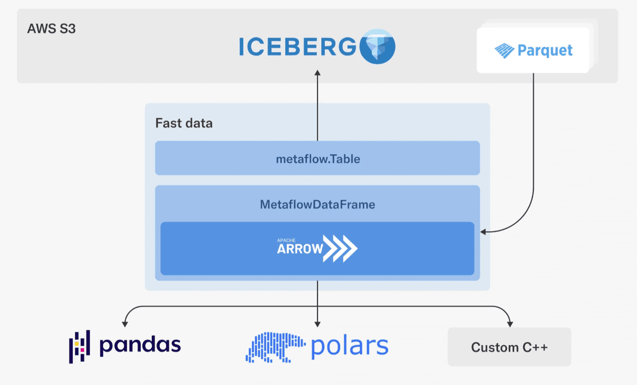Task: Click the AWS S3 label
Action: coord(51,29)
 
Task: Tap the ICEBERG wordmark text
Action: coord(296,47)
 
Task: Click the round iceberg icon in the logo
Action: coord(377,47)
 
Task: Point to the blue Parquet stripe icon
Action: coord(504,51)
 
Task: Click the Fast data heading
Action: coord(184,124)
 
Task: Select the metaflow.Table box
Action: coord(317,158)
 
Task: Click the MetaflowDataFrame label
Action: coord(317,204)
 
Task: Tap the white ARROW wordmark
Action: coord(299,249)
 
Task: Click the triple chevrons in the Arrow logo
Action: coord(341,248)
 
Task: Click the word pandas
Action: coord(140,345)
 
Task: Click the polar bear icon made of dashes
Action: coord(275,347)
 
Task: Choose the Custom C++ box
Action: coord(509,347)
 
